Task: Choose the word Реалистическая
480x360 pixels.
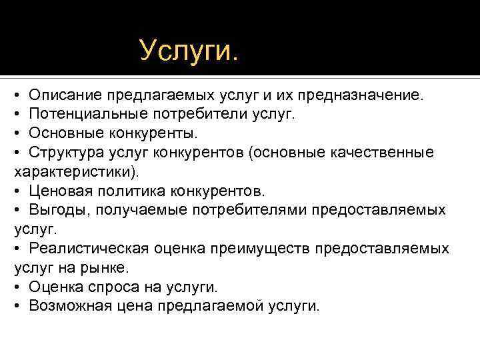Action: click(x=85, y=249)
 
